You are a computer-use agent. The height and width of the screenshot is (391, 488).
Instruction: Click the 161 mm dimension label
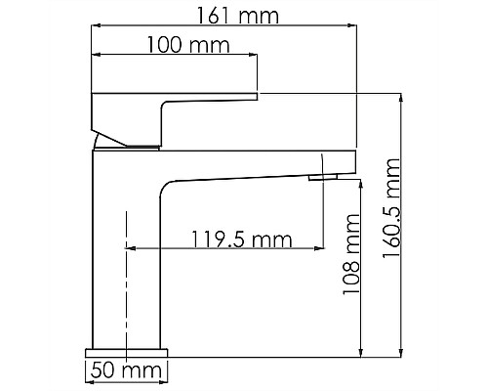coord(236,17)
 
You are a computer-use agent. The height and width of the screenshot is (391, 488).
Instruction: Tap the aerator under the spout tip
coord(322,177)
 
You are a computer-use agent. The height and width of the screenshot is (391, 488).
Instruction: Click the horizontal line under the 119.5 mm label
coord(224,248)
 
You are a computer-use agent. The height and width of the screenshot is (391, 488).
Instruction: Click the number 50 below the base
coord(103,370)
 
